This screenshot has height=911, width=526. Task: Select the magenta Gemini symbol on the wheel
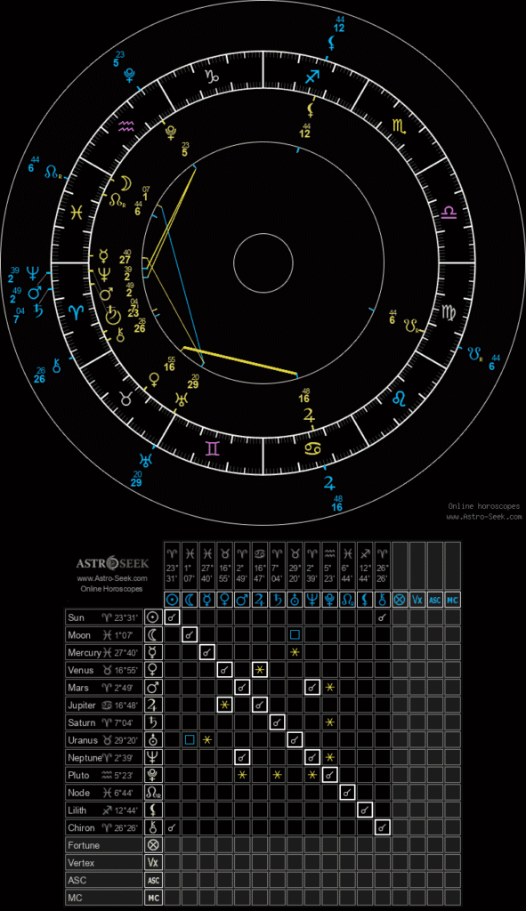212,448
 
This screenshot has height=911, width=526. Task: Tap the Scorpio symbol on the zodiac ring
397,125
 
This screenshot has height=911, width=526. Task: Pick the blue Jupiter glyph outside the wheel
330,483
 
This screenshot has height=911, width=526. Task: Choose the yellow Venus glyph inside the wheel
154,379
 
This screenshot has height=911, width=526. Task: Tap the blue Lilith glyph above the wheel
332,42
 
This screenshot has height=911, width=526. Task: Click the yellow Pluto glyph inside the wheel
170,133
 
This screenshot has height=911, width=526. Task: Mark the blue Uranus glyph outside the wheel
147,460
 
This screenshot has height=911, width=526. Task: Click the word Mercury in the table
85,653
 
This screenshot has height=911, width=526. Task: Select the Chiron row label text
82,827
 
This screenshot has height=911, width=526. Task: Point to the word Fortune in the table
84,845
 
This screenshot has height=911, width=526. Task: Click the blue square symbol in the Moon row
295,634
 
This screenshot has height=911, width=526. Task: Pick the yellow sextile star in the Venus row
259,669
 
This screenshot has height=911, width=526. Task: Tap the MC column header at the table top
452,600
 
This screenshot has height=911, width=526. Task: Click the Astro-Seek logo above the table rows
111,564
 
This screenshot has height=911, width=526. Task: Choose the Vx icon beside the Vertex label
152,862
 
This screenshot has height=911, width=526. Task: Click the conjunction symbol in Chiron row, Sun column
172,827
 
